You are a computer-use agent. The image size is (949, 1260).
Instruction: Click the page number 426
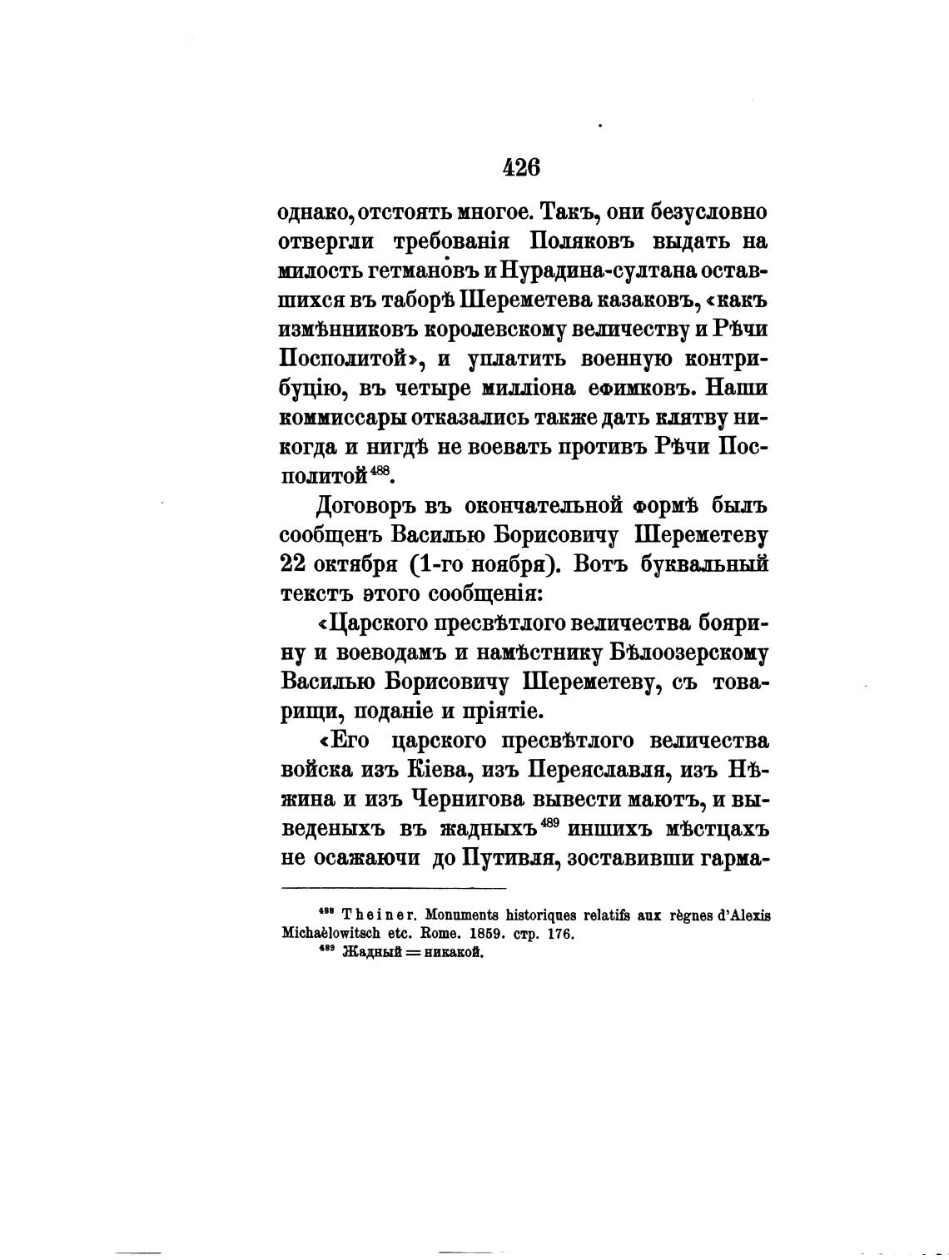521,167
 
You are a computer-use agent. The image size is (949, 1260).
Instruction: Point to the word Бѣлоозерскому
688,652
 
